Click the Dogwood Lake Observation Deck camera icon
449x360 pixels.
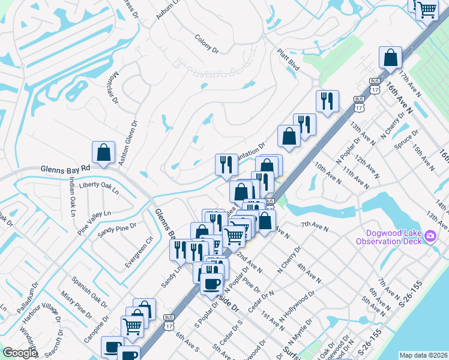[x=429, y=236]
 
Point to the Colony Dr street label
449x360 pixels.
[x=206, y=44]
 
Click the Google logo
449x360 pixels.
[x=20, y=352]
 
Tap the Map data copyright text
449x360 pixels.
[x=423, y=355]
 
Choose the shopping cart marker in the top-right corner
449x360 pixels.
[x=427, y=9]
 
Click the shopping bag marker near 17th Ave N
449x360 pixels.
[x=390, y=58]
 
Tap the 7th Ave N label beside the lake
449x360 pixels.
[x=315, y=226]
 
